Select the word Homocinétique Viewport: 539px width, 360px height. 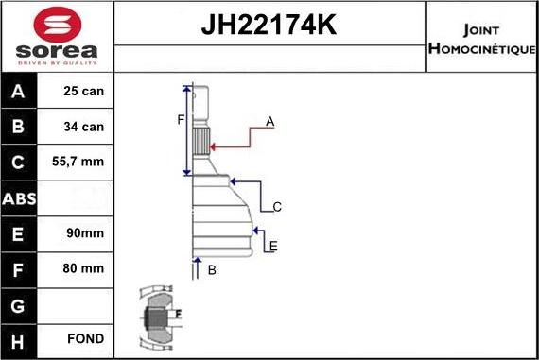[x=481, y=48]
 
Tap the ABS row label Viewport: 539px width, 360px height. [x=20, y=198]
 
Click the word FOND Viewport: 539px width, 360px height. [x=85, y=338]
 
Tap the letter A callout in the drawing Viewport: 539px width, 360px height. [x=269, y=121]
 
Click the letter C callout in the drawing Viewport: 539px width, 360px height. [x=277, y=206]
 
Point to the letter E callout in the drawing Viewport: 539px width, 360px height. [x=273, y=247]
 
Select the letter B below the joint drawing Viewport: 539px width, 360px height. [x=212, y=271]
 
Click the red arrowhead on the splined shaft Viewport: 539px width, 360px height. [x=213, y=146]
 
